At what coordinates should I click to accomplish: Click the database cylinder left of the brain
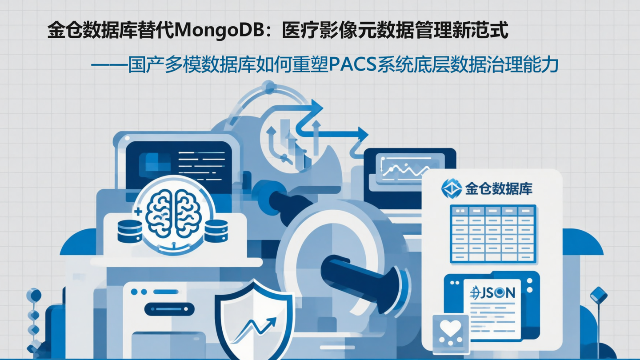(130, 231)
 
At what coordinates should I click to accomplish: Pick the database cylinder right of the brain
(216, 231)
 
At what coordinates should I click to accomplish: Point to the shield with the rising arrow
(254, 320)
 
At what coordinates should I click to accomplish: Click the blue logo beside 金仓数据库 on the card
(451, 188)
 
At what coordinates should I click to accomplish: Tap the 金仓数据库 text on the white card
(499, 189)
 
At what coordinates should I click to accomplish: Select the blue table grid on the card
(493, 233)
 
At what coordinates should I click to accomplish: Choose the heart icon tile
(451, 329)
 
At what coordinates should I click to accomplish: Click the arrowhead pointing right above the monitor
(363, 133)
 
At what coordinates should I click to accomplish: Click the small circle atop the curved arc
(268, 87)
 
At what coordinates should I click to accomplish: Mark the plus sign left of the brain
(137, 212)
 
